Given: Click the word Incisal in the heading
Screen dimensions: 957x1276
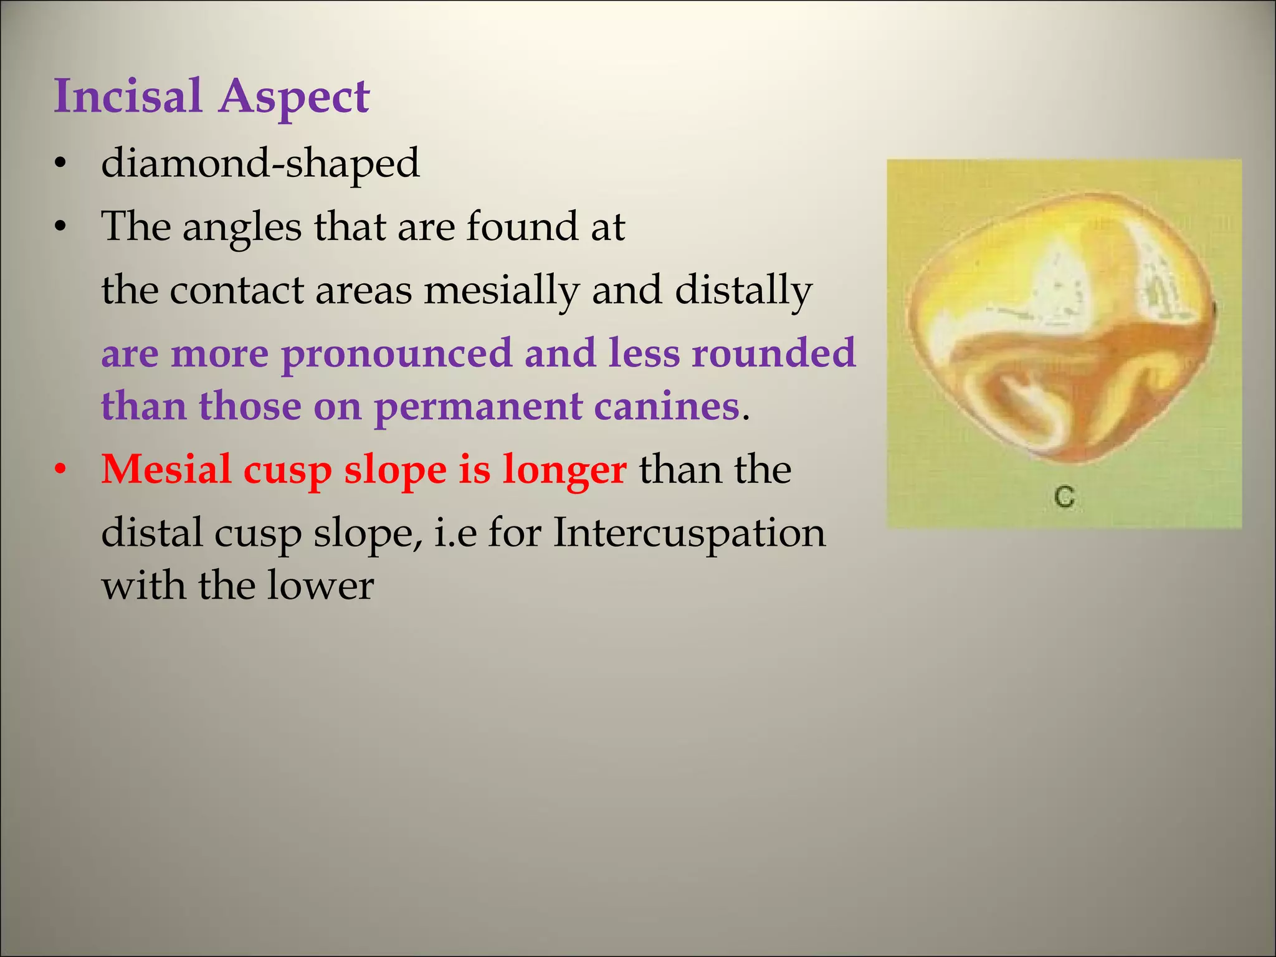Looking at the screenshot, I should point(128,97).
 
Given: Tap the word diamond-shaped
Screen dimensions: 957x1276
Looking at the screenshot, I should point(260,163).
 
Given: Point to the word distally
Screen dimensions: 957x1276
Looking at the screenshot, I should point(743,291).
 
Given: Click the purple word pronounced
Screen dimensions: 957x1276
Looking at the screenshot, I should point(396,354).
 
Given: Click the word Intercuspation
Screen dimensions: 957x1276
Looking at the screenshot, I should point(689,534).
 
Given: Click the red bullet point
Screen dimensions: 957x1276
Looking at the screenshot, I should point(60,470).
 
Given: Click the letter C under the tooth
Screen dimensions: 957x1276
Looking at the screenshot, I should point(1064,497).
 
